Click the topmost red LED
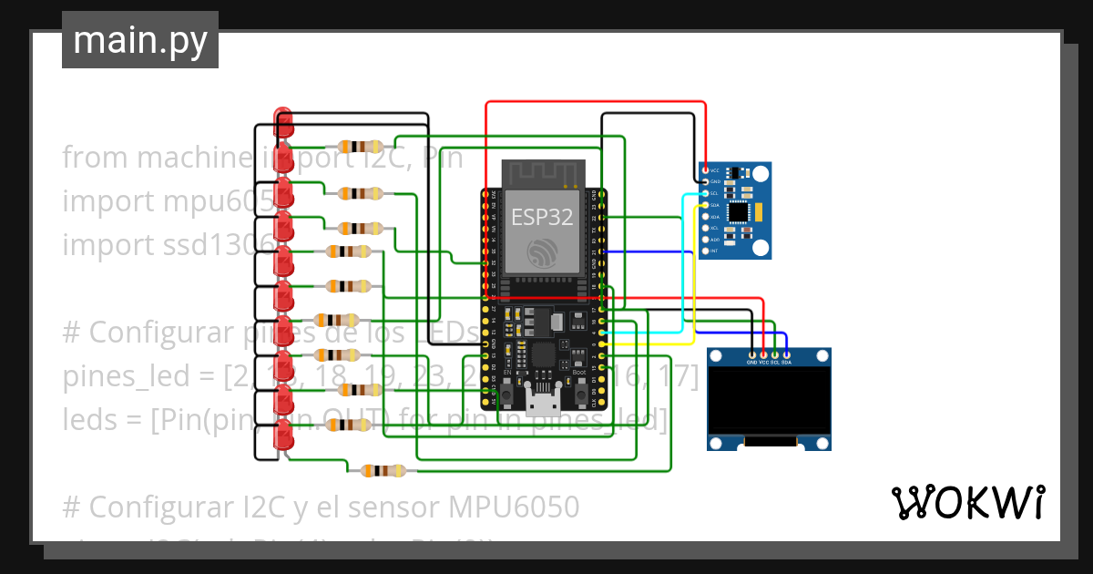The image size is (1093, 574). click(283, 120)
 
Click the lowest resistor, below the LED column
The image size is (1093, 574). click(384, 471)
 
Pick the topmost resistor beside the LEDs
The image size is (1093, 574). click(361, 147)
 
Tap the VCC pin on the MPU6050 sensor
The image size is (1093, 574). click(705, 170)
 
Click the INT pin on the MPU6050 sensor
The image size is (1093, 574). click(705, 250)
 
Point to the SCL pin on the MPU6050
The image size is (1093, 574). click(705, 193)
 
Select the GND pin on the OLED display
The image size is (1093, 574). click(751, 354)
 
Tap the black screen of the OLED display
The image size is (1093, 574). click(770, 401)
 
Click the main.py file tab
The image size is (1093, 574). click(140, 40)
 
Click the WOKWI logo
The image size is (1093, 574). click(967, 502)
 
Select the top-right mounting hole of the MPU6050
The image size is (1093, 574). click(760, 173)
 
